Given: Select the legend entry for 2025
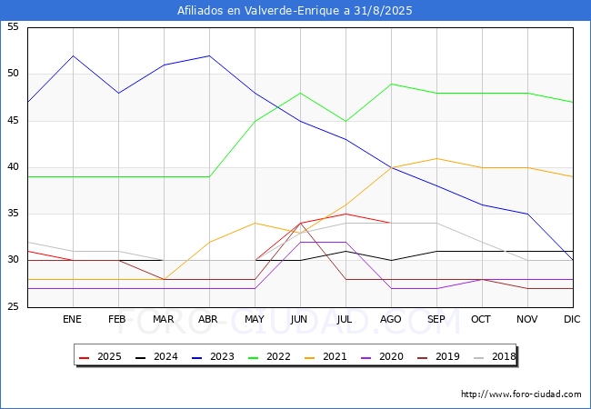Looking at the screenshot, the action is (x=100, y=356).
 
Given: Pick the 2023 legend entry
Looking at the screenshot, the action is (x=213, y=356).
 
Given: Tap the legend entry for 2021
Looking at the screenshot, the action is (x=326, y=356).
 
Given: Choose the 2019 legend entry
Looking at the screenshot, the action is (x=438, y=356).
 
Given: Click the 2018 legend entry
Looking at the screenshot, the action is (x=495, y=356).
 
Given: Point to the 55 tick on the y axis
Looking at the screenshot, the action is (x=13, y=26).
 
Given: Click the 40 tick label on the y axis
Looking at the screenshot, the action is (x=13, y=167).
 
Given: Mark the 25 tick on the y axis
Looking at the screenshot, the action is (x=13, y=307).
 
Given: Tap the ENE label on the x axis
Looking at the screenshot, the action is (x=72, y=319).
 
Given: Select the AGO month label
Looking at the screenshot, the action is (x=390, y=319).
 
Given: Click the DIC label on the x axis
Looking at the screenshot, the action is (x=572, y=319).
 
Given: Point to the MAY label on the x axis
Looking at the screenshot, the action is (x=255, y=319).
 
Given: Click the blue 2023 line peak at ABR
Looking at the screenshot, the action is (x=209, y=55).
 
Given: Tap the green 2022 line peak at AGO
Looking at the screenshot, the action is (x=392, y=84).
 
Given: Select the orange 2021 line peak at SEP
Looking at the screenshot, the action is (x=436, y=158).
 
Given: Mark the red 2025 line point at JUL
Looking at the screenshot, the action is (x=346, y=214).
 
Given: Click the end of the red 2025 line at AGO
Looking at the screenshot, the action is (x=391, y=223).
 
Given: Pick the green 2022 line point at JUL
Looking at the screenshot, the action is (x=346, y=121).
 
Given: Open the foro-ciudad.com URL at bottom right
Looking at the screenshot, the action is (x=521, y=394).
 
